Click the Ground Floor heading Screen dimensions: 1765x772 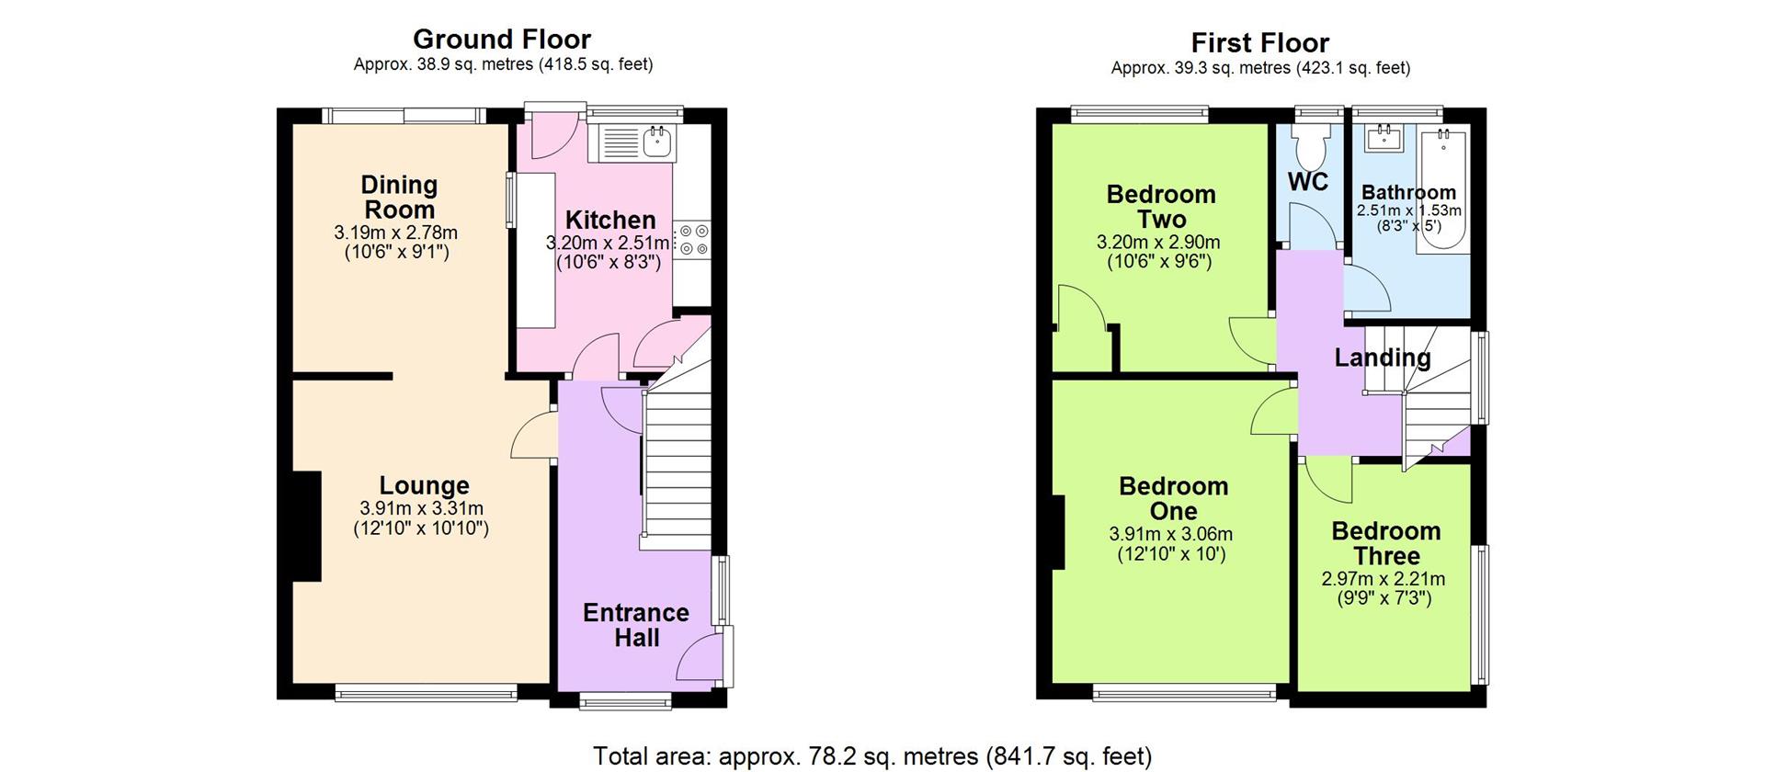coord(501,40)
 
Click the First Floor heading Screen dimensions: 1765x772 coord(1259,43)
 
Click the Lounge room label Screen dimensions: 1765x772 coord(425,485)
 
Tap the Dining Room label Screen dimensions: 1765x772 coord(399,197)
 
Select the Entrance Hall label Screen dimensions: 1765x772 coord(636,625)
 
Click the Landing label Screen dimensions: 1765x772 coord(1383,358)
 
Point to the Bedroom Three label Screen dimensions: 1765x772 coord(1386,543)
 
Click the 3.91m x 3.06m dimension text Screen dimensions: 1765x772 coord(1171,534)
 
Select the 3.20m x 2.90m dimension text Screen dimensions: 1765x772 coord(1158,243)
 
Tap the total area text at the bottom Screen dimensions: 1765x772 coord(872,756)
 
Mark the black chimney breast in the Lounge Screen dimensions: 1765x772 coord(307,526)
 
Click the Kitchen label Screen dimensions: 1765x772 coord(610,221)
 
